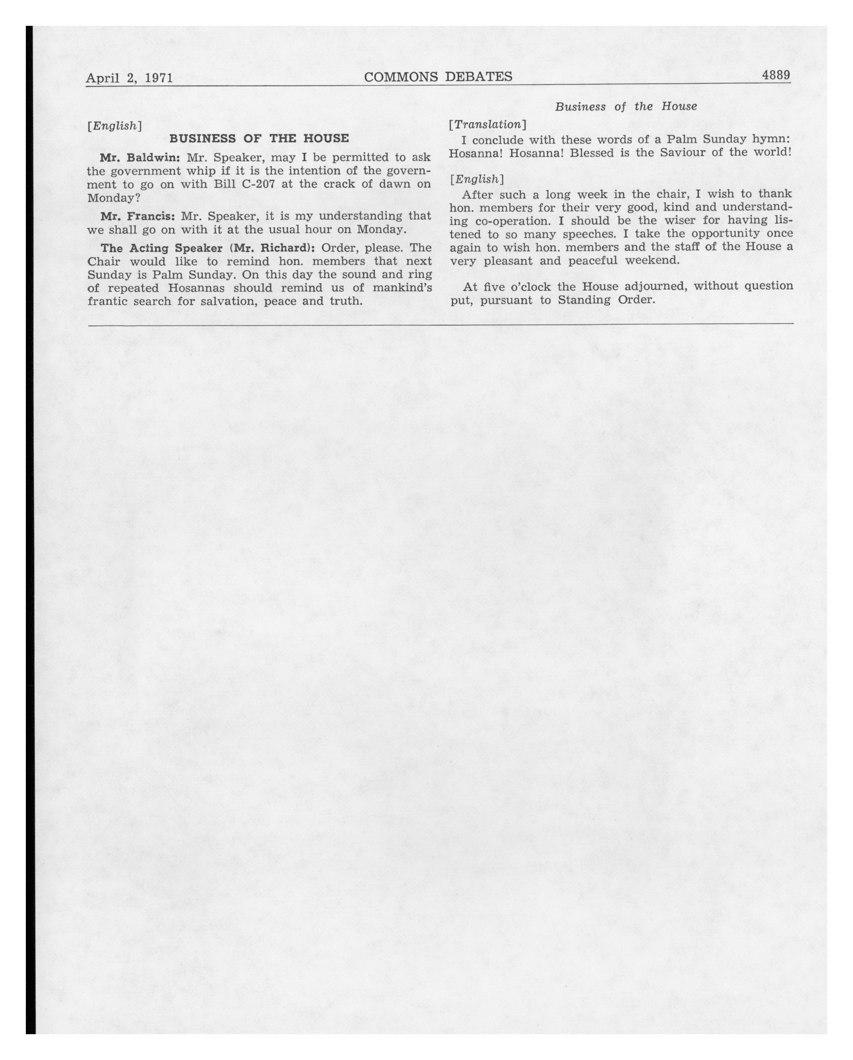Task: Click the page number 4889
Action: click(775, 75)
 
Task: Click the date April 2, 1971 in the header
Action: click(129, 78)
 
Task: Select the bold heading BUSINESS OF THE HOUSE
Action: click(259, 138)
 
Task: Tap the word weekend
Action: click(652, 260)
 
